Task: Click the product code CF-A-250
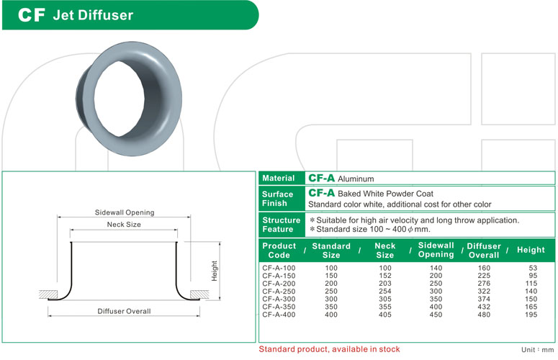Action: pyautogui.click(x=278, y=291)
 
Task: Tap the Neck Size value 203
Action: pyautogui.click(x=385, y=283)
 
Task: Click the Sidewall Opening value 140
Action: pyautogui.click(x=436, y=268)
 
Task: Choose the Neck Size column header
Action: pyautogui.click(x=385, y=251)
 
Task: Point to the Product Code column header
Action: pyautogui.click(x=279, y=251)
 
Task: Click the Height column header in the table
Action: pyautogui.click(x=531, y=250)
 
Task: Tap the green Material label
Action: pyautogui.click(x=279, y=178)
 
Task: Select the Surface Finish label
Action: pyautogui.click(x=278, y=199)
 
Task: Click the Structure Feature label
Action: pyautogui.click(x=281, y=225)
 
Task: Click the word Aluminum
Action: pyautogui.click(x=356, y=179)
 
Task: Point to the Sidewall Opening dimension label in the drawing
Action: pyautogui.click(x=125, y=212)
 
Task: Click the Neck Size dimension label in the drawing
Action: pyautogui.click(x=124, y=225)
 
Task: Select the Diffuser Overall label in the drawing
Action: pyautogui.click(x=124, y=311)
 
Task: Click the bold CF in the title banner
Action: pyautogui.click(x=32, y=15)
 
